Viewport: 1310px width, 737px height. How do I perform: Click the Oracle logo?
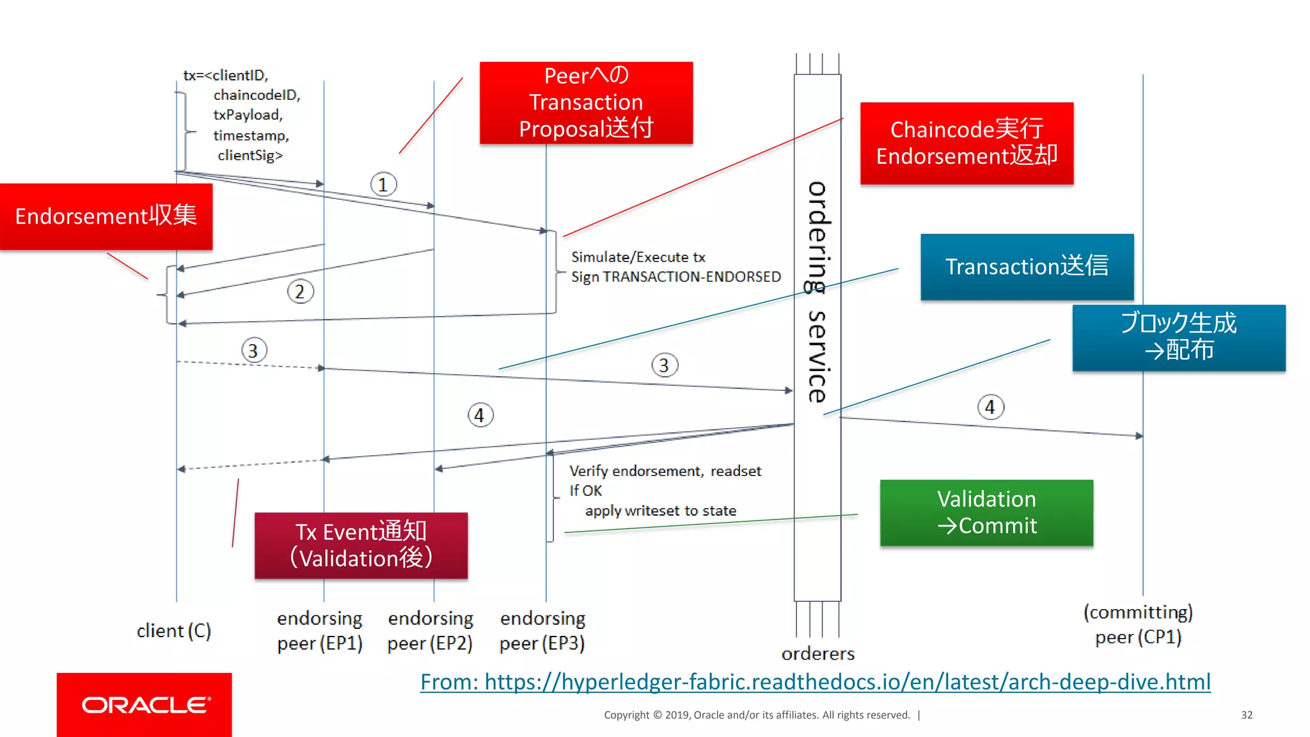tap(145, 704)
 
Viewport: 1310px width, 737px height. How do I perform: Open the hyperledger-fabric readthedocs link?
tap(815, 682)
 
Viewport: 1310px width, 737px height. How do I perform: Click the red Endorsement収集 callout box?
tap(106, 216)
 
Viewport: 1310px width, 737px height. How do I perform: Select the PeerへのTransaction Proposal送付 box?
tap(586, 102)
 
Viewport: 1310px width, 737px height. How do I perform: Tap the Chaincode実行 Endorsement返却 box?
tap(967, 143)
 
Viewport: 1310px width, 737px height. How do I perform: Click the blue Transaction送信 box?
tap(1027, 266)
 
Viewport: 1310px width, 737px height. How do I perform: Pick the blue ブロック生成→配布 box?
tap(1178, 337)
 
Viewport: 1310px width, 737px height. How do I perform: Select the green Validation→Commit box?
tap(986, 512)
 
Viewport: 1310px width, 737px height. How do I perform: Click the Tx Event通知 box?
tap(361, 545)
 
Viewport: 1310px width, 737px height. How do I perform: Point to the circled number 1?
tap(383, 185)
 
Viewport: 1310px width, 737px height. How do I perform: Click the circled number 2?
tap(300, 292)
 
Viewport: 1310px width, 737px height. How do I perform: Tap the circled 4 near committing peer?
tap(990, 407)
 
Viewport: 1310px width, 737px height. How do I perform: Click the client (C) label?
tap(173, 631)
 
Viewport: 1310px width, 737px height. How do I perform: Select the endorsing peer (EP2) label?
tap(430, 631)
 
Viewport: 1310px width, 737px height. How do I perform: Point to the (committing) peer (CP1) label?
tap(1138, 624)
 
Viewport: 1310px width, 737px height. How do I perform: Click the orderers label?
tap(817, 654)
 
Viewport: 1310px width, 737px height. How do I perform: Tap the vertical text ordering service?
tap(817, 292)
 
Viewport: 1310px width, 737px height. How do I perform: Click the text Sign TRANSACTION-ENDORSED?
tap(675, 277)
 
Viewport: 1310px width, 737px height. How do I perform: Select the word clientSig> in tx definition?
tap(250, 155)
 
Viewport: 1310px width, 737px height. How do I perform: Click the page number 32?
tap(1246, 715)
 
